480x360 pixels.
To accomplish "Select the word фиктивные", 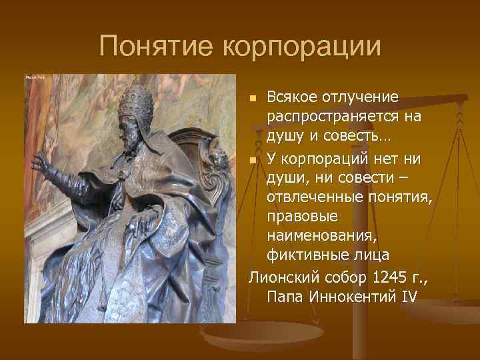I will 309,255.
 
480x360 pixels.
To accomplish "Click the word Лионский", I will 277,276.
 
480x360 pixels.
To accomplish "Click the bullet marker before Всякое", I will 253,99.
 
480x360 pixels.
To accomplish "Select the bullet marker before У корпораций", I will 253,159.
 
